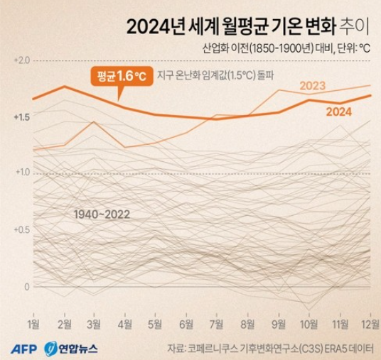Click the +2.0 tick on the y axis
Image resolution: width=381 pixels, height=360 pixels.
point(21,61)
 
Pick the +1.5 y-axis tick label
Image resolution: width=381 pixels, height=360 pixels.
point(21,117)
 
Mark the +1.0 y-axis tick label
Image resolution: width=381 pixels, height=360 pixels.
point(21,173)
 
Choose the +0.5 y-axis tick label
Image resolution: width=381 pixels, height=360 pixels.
point(21,229)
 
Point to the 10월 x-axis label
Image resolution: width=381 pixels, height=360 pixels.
point(308,324)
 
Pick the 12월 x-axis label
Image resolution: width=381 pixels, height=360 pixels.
point(368,324)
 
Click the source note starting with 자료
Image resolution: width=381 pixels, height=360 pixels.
point(270,349)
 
